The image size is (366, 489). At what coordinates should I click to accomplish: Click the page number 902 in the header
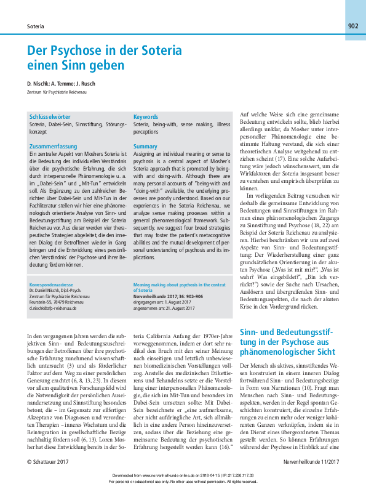[352, 26]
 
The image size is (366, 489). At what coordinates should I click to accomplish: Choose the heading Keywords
[146, 116]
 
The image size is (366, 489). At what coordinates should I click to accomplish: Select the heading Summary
[146, 147]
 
